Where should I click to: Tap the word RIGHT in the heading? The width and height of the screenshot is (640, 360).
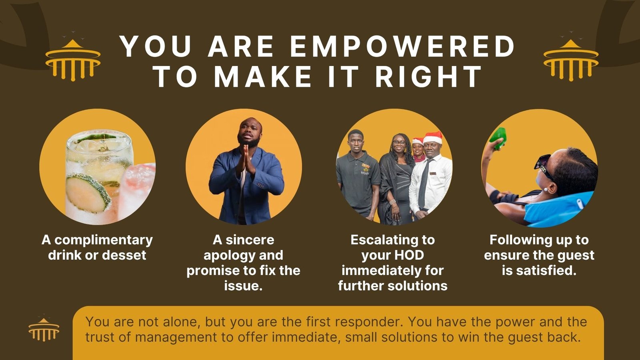coord(429,76)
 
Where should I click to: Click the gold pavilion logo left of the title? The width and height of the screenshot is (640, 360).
coord(73,60)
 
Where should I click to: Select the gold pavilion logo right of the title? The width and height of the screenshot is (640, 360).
coord(571,60)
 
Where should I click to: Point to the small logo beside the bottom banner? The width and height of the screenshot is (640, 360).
coord(44,329)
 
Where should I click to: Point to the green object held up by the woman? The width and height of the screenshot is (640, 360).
coord(498,138)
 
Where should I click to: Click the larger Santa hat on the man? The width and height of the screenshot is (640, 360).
coord(432,138)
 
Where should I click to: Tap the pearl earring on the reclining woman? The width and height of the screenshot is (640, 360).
coord(546,190)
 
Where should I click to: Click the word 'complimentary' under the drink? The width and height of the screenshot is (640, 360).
coord(104,240)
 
